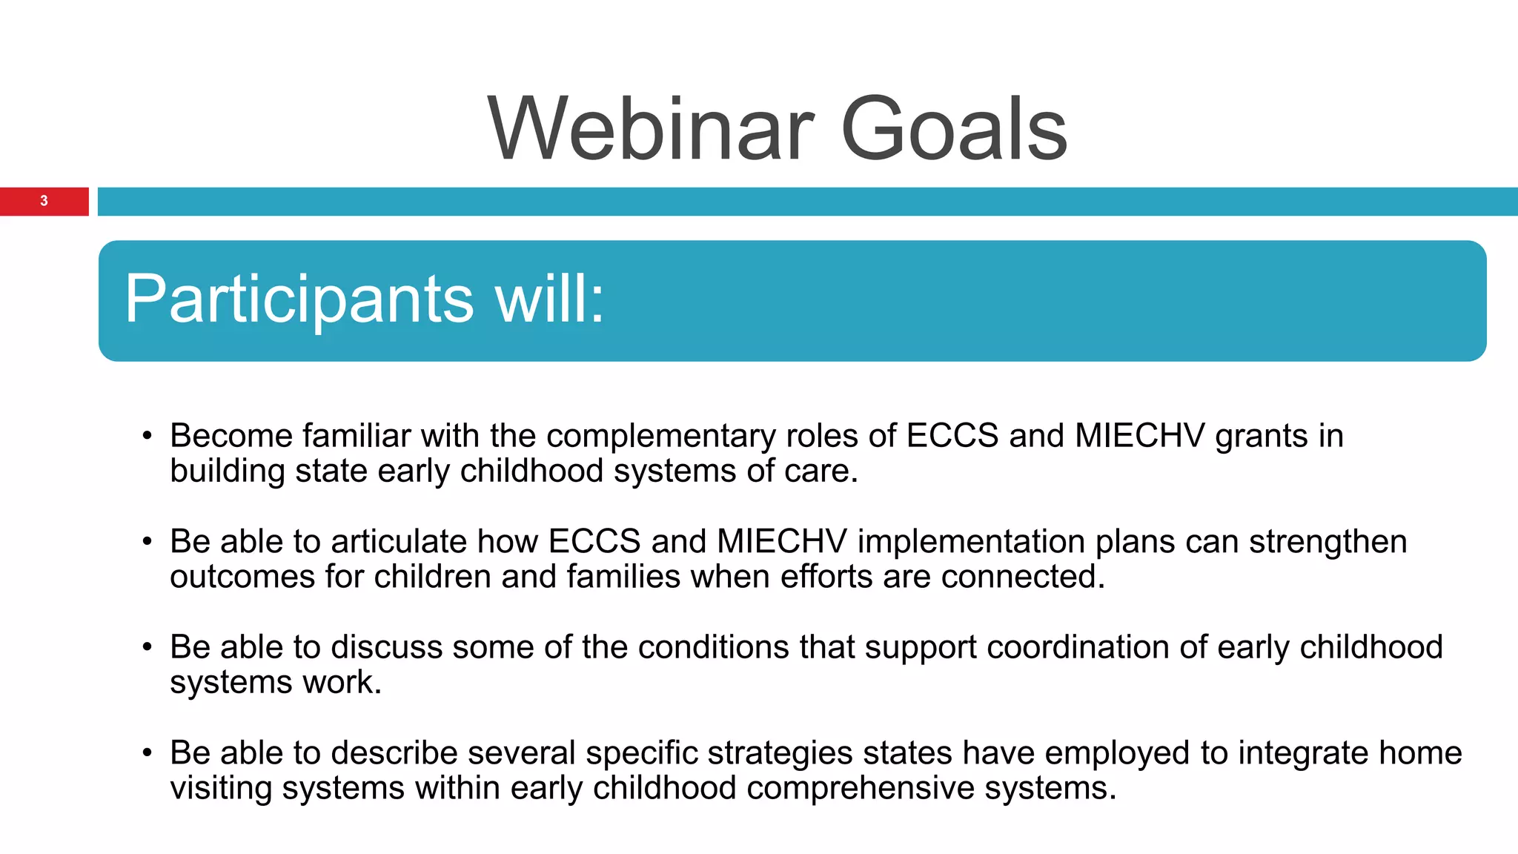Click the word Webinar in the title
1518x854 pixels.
[x=651, y=130]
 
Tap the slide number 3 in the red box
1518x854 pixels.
[x=44, y=201]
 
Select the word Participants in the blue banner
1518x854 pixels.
[x=299, y=299]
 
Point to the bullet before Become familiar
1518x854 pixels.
[x=148, y=436]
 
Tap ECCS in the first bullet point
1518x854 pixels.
[x=952, y=436]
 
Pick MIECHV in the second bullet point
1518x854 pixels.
[x=781, y=542]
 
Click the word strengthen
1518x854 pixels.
[x=1328, y=542]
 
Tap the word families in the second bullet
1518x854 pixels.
[x=623, y=577]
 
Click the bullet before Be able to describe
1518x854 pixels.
[x=148, y=754]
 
